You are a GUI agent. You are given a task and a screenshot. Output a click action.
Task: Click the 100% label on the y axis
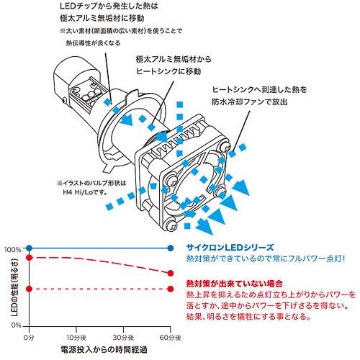[12, 249]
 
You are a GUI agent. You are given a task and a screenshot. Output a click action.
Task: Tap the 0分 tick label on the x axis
[29, 336]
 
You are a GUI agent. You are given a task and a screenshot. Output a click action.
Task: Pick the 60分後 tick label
[171, 336]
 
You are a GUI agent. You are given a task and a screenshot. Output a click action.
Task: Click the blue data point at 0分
[29, 249]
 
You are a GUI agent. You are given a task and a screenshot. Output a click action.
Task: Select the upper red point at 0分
[29, 256]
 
